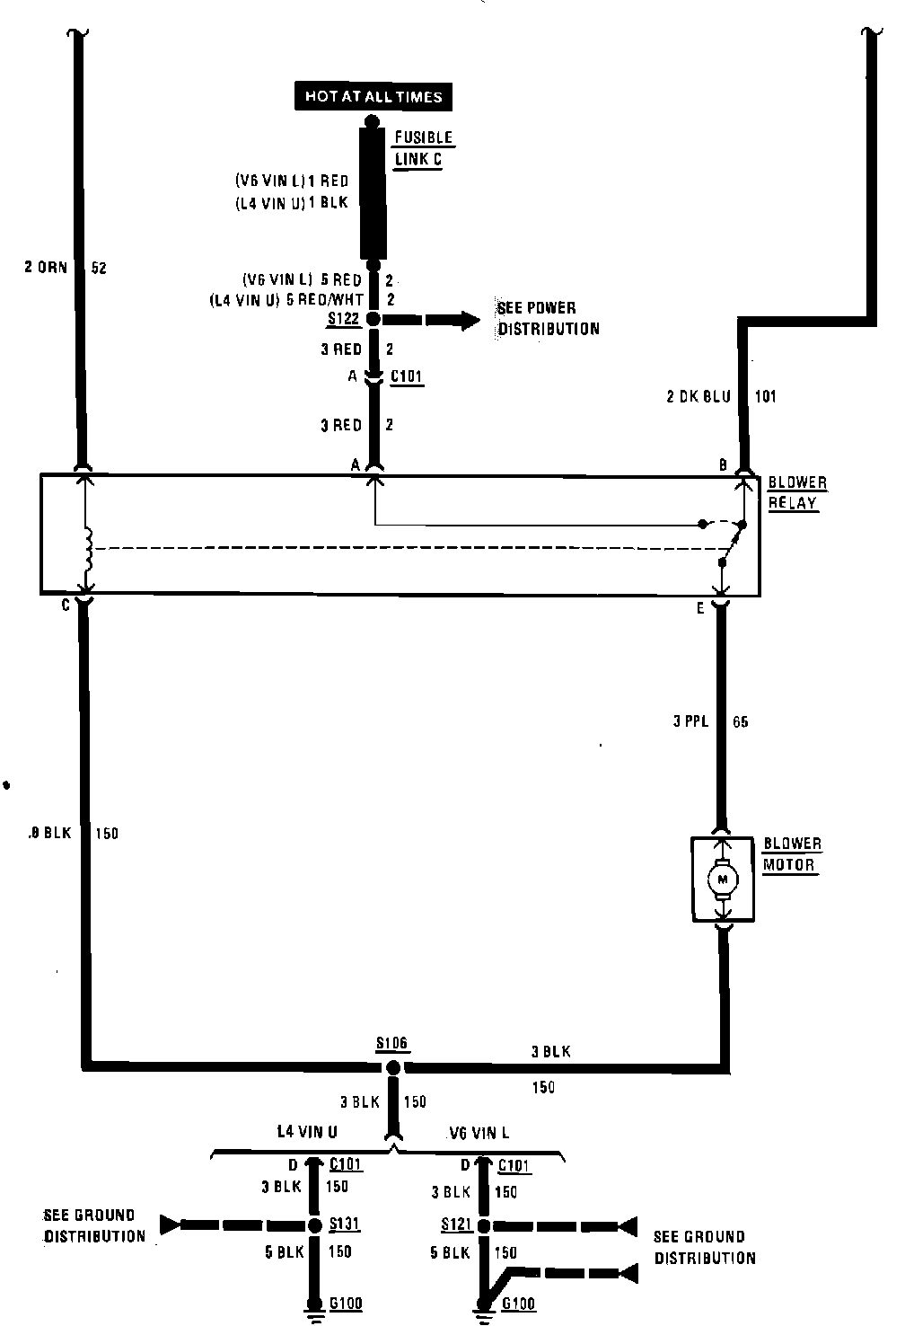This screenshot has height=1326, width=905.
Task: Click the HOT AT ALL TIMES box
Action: coord(373,96)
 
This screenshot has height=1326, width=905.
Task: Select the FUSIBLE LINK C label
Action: coord(423,149)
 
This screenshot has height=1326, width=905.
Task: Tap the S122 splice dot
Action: coord(373,320)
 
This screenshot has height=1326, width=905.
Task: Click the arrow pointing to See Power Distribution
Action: coord(453,320)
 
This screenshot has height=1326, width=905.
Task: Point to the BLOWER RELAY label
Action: coord(796,492)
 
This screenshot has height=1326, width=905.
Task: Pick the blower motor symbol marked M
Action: coord(722,880)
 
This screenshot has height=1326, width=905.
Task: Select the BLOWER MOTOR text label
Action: coord(791,854)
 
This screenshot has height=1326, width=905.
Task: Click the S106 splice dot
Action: coord(392,1067)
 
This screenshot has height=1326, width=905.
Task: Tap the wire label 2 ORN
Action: coord(46,267)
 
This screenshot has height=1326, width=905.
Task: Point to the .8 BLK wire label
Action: coord(49,833)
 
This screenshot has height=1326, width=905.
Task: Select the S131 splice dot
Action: coord(313,1224)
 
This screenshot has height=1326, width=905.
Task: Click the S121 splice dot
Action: coord(484,1225)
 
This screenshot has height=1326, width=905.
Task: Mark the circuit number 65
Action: coord(740,720)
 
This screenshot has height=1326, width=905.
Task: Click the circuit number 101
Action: coord(765,396)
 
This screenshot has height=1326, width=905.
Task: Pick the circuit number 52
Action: coord(99,267)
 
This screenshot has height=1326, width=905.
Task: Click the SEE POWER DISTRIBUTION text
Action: coord(549,318)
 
